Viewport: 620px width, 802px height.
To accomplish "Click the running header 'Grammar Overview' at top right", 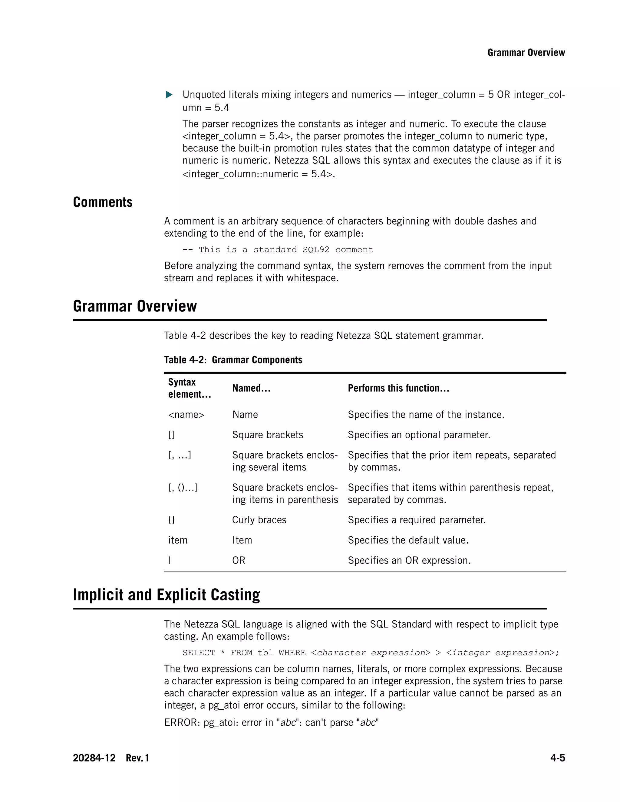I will (x=526, y=53).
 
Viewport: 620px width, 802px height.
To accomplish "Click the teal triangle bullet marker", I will (x=169, y=95).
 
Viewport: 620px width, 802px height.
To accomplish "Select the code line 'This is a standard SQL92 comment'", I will (x=278, y=250).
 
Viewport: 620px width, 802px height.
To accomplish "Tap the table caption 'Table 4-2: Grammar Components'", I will (x=233, y=360).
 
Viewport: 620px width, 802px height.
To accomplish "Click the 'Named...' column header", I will (x=251, y=388).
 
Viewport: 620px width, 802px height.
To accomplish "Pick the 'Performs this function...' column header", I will (x=398, y=388).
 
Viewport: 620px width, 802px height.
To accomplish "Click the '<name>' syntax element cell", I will (x=186, y=415).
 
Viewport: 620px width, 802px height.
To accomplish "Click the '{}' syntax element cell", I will (x=172, y=520).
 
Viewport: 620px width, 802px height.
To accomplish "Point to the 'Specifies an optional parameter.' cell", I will (x=419, y=435).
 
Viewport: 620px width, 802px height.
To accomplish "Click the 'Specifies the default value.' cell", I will (x=408, y=540).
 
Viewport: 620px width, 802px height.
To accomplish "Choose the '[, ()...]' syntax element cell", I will (x=183, y=488).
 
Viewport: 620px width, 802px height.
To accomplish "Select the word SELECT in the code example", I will (x=198, y=652).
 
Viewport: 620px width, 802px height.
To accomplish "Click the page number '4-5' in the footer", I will (x=557, y=758).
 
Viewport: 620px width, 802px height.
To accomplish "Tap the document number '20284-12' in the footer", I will (x=94, y=758).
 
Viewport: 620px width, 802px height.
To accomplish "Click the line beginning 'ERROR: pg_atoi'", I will (x=271, y=722).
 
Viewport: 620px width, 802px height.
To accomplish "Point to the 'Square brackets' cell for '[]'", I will (x=267, y=435).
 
